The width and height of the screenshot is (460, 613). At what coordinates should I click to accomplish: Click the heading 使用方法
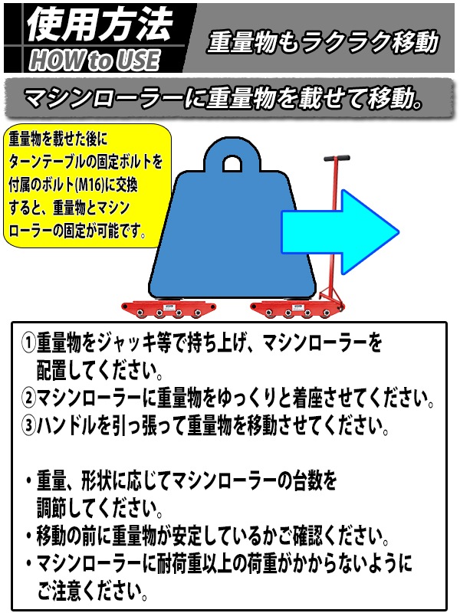[x=100, y=25]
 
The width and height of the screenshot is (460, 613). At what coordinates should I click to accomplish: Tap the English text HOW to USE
[x=94, y=60]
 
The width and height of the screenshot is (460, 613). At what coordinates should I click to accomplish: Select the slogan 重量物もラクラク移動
[x=323, y=42]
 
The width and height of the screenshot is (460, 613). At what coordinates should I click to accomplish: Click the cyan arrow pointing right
[x=340, y=232]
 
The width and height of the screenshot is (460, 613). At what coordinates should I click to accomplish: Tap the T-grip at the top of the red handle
[x=337, y=159]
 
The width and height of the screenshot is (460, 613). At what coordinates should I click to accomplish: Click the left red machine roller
[x=169, y=309]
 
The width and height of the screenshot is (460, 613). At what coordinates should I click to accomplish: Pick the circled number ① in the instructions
[x=28, y=343]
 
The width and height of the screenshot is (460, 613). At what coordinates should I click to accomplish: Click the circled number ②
[x=28, y=398]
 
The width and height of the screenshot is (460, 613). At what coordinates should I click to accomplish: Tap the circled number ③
[x=28, y=425]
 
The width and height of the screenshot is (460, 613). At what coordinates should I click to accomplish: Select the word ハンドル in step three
[x=67, y=425]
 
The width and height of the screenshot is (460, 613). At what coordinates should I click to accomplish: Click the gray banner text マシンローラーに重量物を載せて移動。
[x=223, y=98]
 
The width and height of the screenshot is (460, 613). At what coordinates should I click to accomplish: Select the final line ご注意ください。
[x=93, y=591]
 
